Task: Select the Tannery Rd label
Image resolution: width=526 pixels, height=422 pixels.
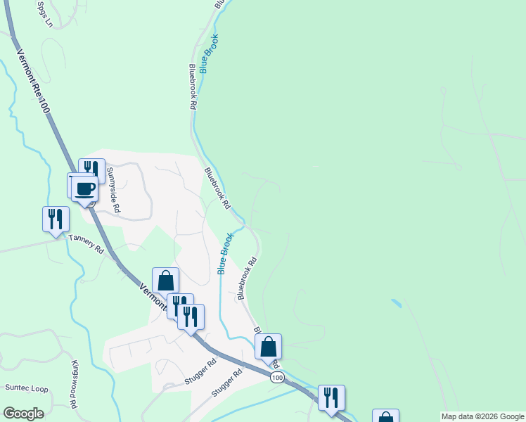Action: coord(86,243)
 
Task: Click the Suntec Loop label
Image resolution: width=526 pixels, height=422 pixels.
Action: coord(27,388)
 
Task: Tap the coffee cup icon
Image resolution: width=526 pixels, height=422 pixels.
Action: coord(85,188)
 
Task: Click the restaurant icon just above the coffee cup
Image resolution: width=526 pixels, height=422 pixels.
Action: coord(91,169)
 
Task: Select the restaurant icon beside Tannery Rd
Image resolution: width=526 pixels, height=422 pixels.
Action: coord(56,218)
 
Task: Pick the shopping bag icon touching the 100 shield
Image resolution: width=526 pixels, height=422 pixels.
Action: coord(268,346)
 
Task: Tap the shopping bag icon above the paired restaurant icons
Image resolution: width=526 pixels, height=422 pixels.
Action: coord(165,281)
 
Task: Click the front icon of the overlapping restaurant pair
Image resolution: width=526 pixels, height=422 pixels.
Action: coord(191,316)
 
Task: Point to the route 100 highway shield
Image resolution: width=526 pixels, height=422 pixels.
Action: coord(277,378)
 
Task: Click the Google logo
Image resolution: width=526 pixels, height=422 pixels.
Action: coord(23,414)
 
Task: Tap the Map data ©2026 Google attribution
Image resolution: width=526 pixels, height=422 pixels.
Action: coord(482,416)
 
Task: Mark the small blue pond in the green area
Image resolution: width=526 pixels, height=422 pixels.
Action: coord(397,303)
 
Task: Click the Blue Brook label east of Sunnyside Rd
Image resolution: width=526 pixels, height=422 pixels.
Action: coord(225,253)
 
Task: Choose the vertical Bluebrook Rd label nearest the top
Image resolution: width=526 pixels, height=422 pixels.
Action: coord(191,87)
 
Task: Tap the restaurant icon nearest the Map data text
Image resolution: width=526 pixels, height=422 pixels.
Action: coord(331,397)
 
